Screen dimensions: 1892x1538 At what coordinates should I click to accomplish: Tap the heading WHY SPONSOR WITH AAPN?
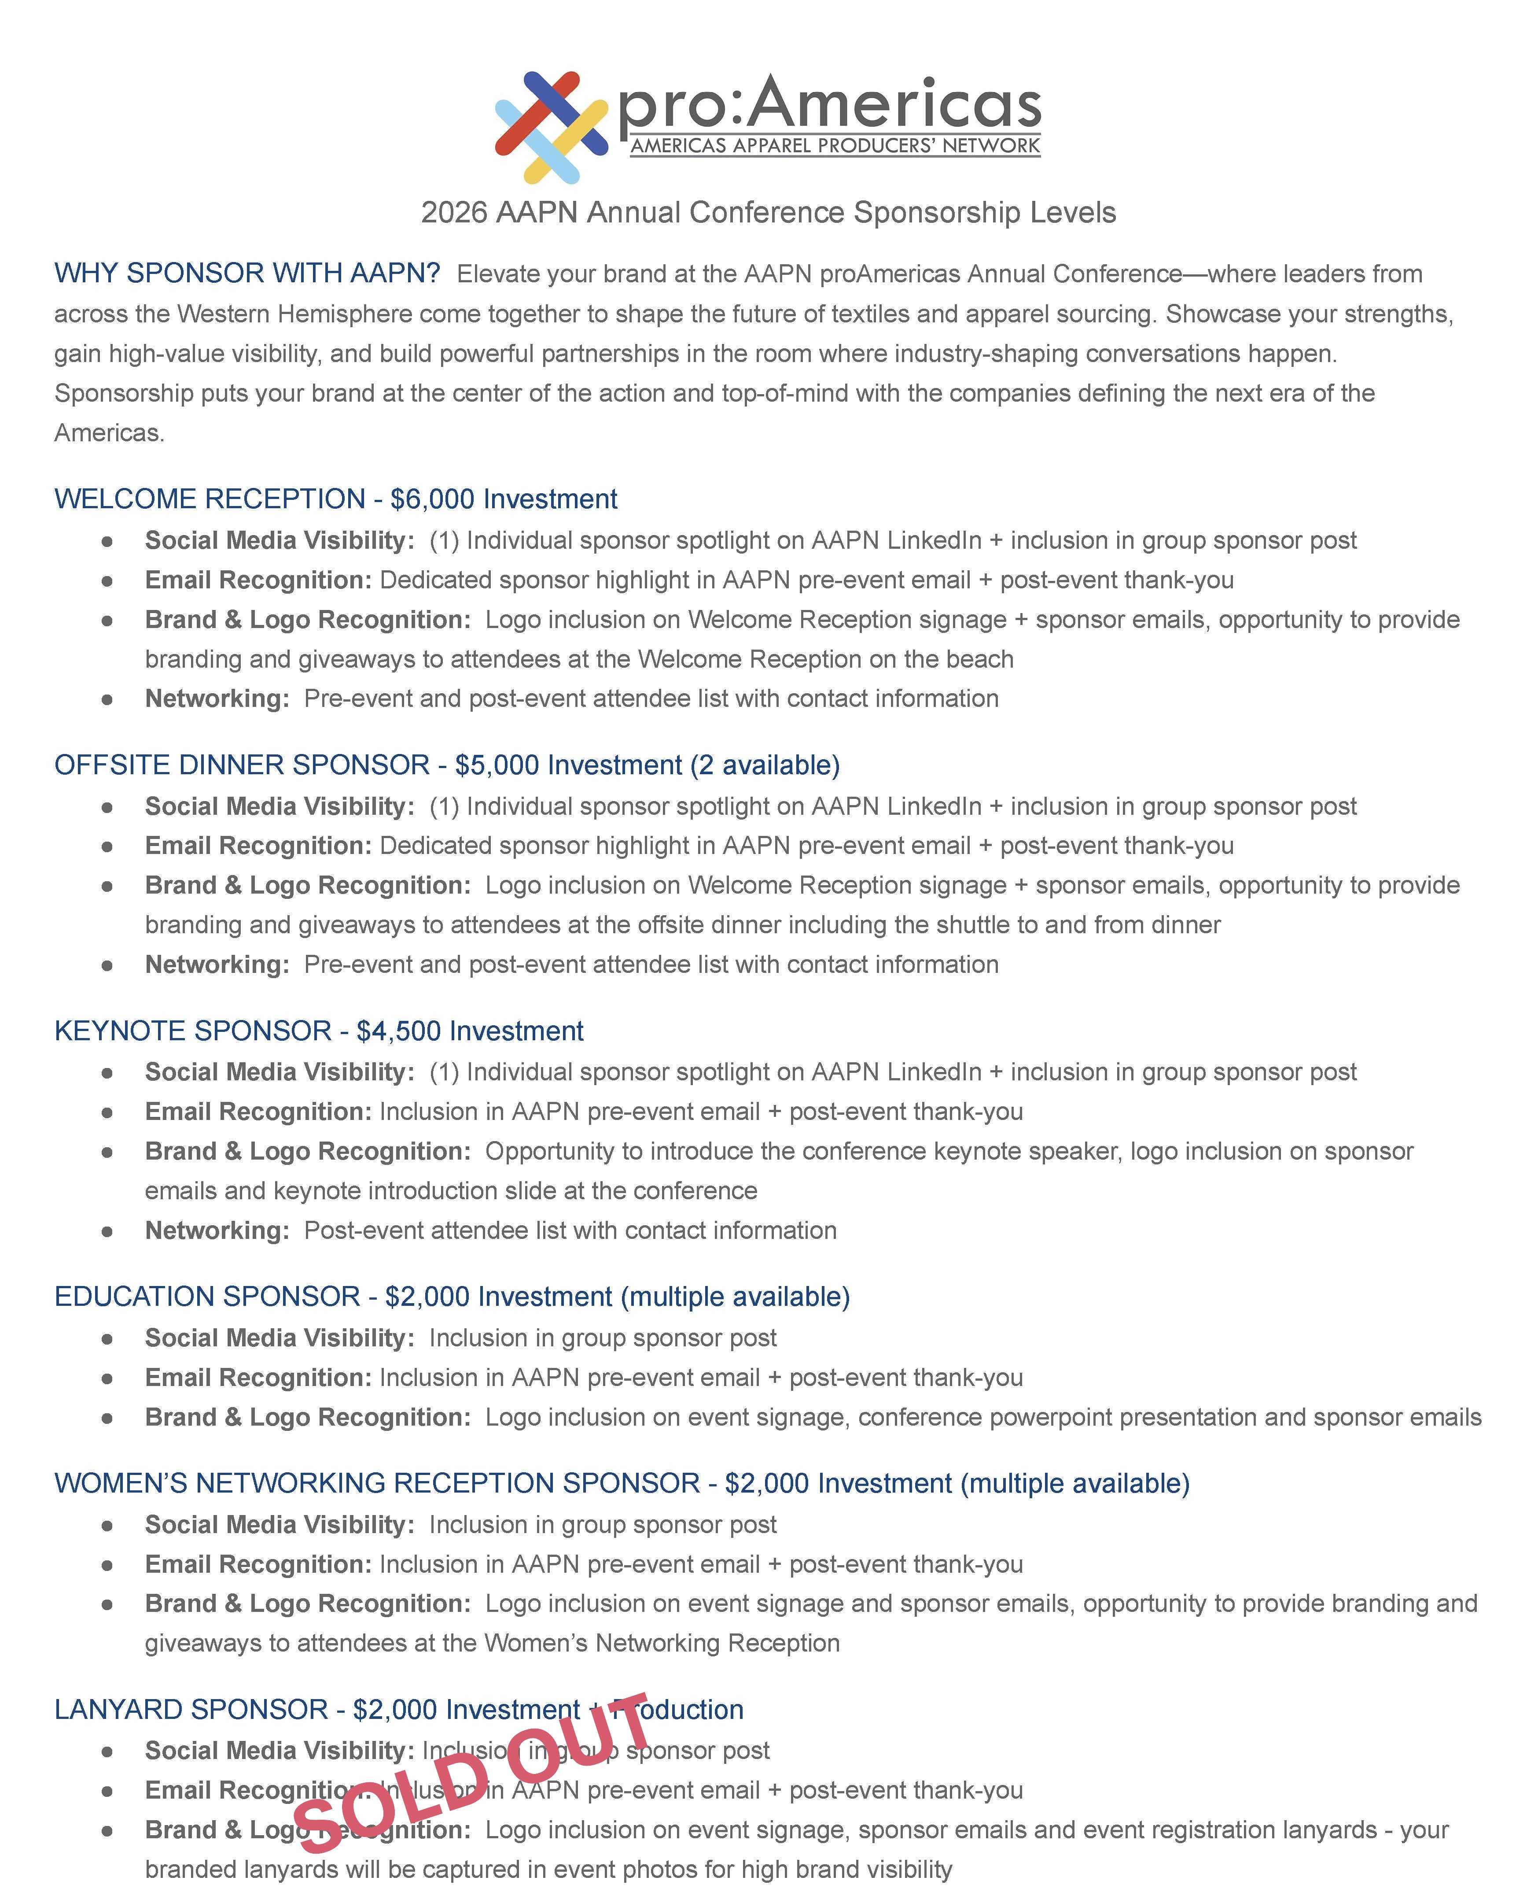247,273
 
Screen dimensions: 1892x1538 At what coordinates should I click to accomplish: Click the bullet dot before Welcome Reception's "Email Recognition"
107,580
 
